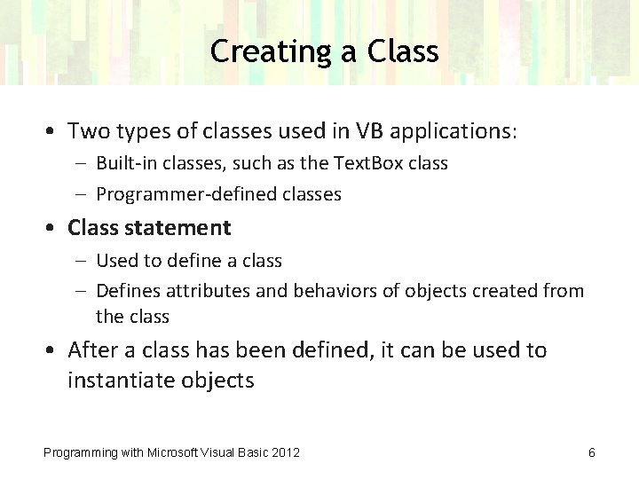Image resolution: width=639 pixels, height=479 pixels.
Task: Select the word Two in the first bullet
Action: [x=87, y=131]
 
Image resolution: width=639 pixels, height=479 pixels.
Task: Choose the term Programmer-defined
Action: [x=180, y=193]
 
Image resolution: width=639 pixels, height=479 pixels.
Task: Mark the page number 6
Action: [x=591, y=452]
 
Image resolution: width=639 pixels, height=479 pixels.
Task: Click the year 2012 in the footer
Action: [x=285, y=452]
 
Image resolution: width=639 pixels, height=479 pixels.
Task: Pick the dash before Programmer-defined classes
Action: [x=82, y=193]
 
